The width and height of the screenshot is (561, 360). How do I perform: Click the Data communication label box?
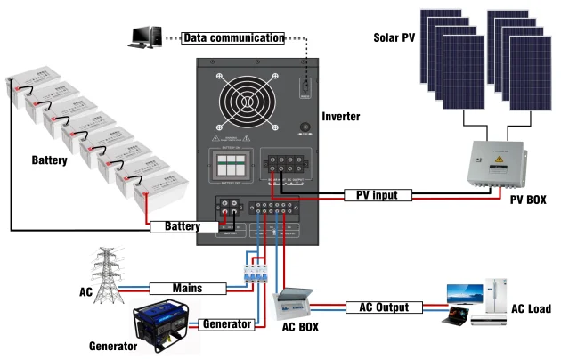tap(233, 37)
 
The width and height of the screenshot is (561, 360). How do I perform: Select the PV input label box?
tap(378, 194)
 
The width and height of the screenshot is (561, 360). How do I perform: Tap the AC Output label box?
tap(383, 307)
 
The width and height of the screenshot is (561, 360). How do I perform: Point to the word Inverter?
tap(342, 117)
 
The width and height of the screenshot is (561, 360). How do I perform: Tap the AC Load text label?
tap(532, 309)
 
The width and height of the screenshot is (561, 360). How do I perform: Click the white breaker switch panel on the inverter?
tap(230, 165)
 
